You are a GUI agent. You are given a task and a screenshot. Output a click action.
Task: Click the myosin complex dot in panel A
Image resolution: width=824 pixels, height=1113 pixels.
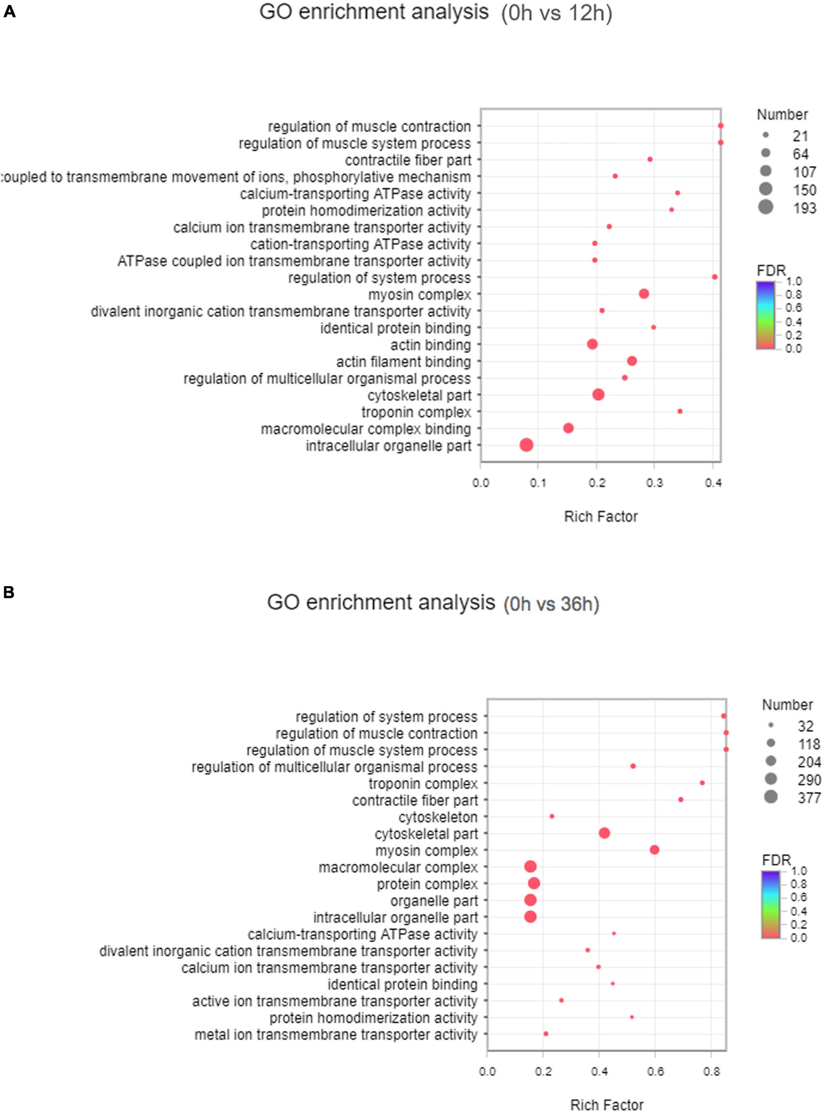643,294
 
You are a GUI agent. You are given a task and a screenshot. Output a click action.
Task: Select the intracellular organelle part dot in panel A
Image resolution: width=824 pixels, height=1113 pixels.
526,445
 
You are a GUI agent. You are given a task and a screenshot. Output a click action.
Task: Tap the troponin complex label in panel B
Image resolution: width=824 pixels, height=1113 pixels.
423,784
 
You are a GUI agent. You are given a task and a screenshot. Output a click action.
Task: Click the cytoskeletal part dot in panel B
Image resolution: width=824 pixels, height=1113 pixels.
604,833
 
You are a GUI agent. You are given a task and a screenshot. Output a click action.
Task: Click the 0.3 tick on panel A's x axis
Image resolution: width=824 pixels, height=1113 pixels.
654,483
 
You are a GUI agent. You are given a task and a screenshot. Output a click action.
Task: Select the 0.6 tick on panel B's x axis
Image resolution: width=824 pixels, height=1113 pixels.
655,1072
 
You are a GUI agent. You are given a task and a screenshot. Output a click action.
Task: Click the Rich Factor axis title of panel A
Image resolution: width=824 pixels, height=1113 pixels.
600,516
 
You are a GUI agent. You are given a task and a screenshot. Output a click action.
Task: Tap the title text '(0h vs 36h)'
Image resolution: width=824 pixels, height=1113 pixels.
551,604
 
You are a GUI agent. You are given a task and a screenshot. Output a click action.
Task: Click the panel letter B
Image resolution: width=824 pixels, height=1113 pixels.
8,592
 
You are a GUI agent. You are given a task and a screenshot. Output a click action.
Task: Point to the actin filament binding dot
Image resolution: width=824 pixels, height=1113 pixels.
631,361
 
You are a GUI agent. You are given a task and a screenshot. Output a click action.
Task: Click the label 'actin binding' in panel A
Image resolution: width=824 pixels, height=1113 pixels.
431,345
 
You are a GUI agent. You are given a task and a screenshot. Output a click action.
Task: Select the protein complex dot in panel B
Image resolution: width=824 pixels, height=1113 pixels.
534,883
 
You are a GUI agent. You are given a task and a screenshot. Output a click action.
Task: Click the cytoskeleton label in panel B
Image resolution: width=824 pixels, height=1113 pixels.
438,817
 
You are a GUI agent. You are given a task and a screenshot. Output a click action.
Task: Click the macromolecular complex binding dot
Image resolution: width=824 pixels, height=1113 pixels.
568,428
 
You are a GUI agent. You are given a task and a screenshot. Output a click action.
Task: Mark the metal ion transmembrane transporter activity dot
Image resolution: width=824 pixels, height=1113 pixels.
546,1034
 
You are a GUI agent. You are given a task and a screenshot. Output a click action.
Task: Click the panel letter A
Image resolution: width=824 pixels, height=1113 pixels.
9,11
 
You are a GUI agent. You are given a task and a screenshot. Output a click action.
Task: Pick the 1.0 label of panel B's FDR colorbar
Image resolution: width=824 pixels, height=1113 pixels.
799,870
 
